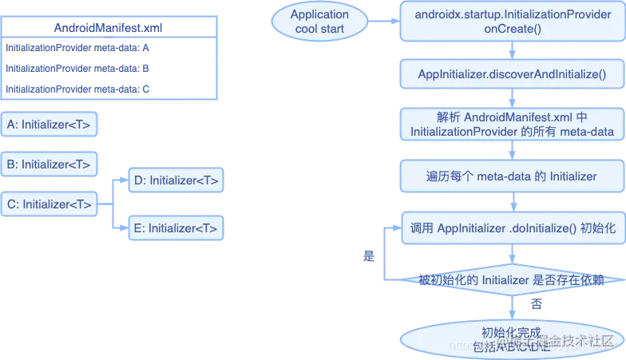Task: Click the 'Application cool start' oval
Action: click(x=319, y=22)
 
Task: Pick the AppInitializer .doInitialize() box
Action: click(x=511, y=227)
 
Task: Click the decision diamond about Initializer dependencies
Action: click(x=511, y=280)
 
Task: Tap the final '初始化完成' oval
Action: click(x=511, y=339)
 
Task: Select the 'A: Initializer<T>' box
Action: click(x=50, y=125)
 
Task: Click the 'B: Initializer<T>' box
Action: click(x=50, y=164)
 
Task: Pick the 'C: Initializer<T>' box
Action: click(x=50, y=204)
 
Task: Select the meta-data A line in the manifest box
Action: click(x=80, y=48)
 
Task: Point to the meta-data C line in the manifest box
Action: click(x=80, y=89)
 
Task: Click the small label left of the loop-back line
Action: click(x=369, y=255)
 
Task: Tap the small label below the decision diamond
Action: click(x=536, y=303)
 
